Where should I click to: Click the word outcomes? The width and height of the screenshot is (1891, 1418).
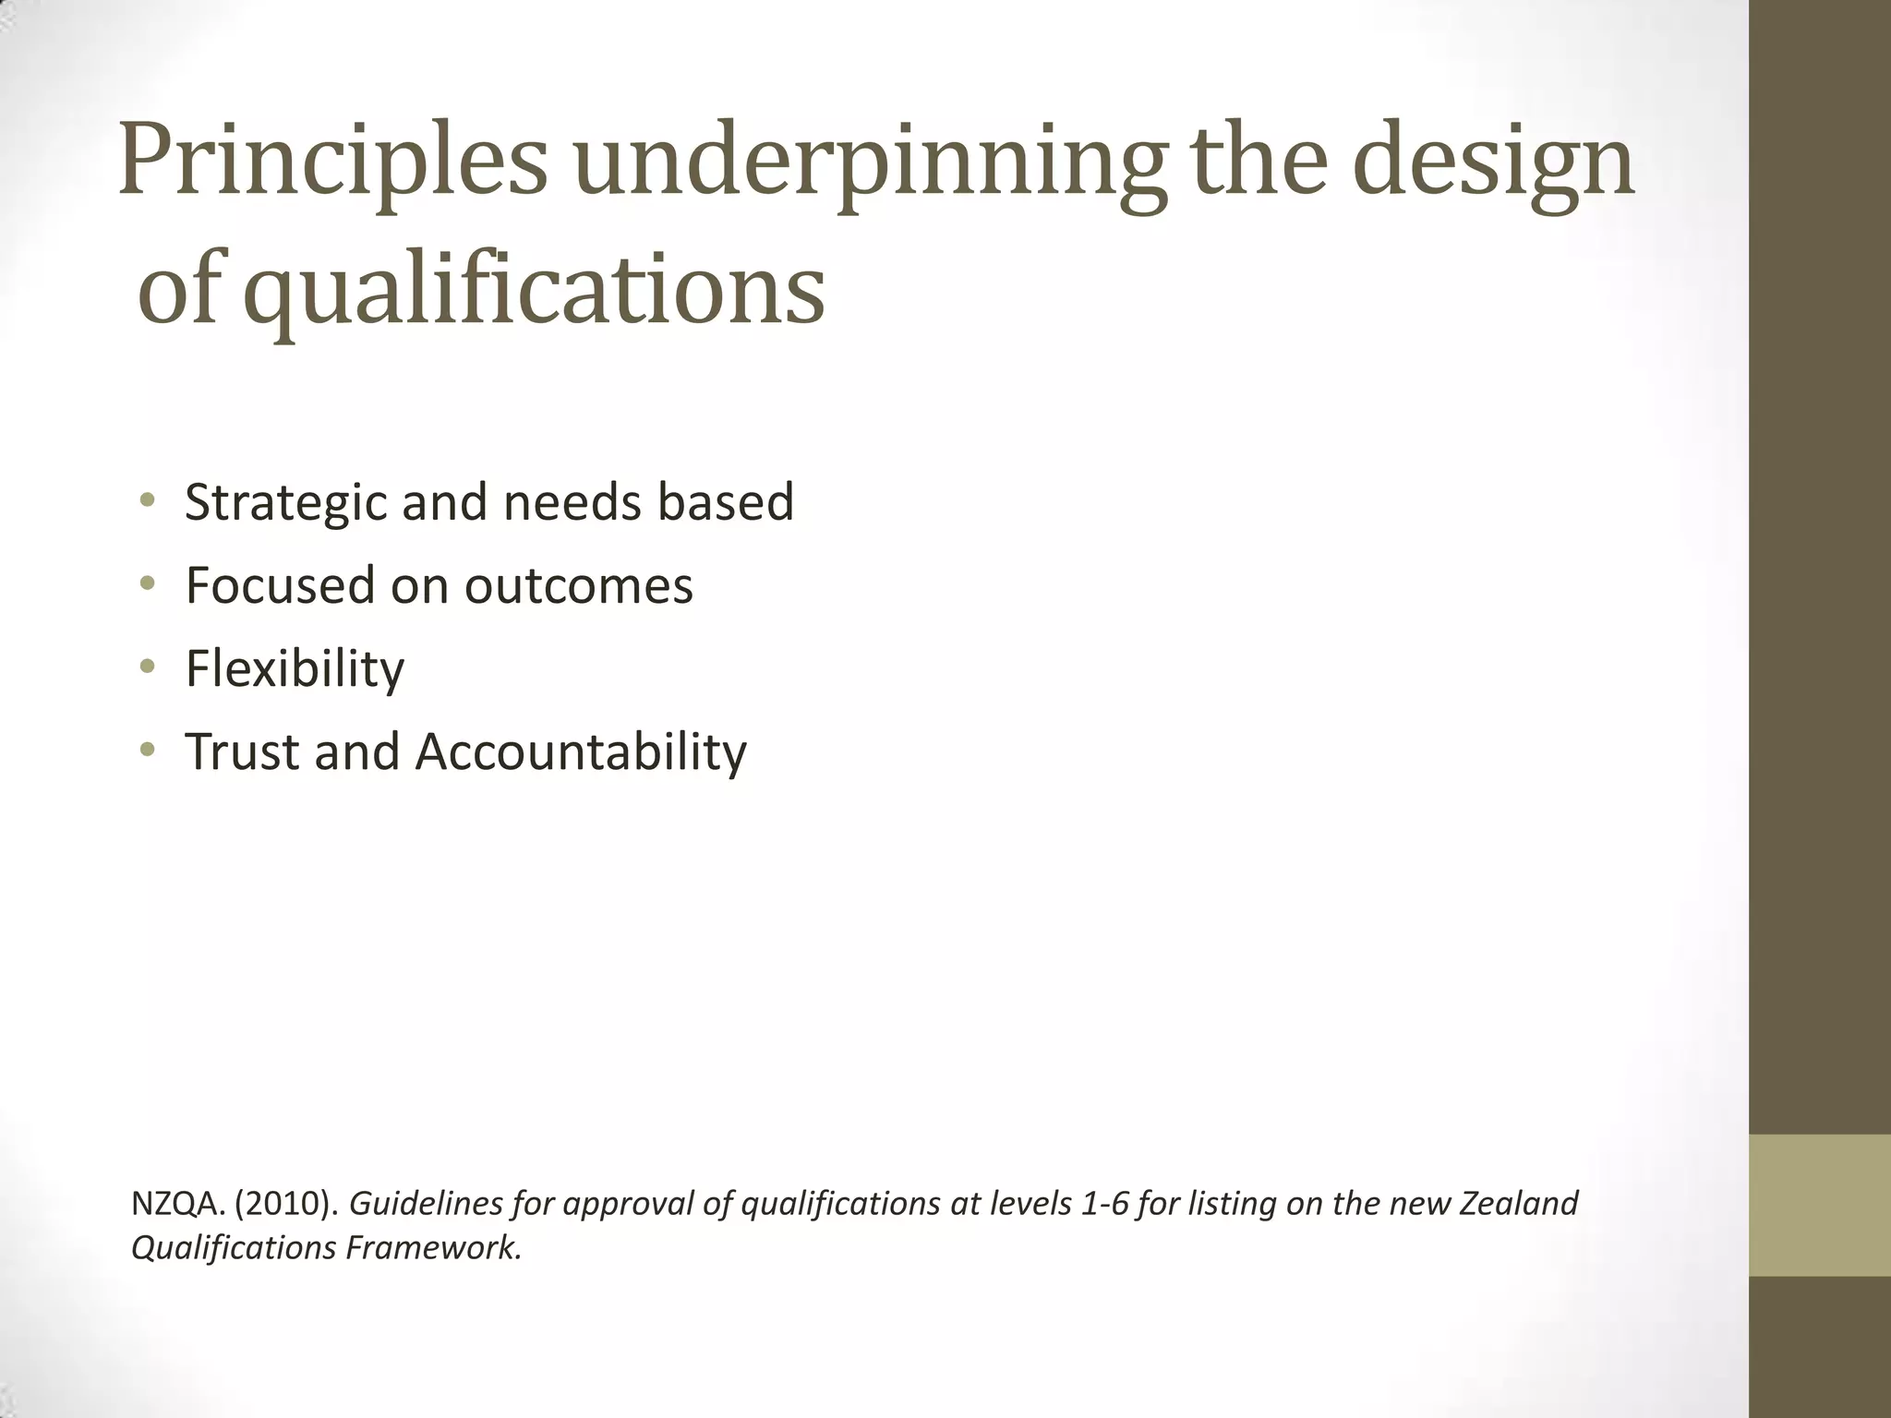pyautogui.click(x=578, y=585)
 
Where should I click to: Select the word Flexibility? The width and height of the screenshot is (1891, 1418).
pyautogui.click(x=295, y=668)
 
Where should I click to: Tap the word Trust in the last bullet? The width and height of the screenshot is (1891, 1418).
pyautogui.click(x=242, y=751)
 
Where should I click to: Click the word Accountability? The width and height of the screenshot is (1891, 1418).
pyautogui.click(x=581, y=751)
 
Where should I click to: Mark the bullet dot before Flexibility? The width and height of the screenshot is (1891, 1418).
pyautogui.click(x=147, y=667)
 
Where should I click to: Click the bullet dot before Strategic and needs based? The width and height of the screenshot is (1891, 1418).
pyautogui.click(x=147, y=501)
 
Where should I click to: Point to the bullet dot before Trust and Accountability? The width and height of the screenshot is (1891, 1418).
pyautogui.click(x=147, y=750)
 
